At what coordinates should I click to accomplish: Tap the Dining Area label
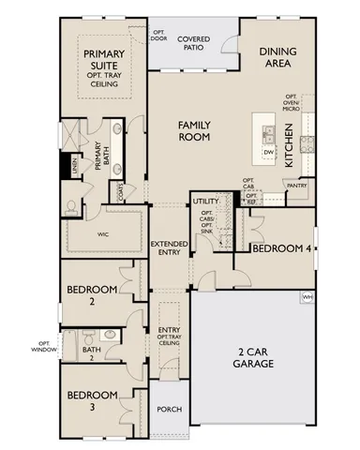coord(280,60)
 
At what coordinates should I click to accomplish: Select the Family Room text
coord(187,129)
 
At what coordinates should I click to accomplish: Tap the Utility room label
coord(205,202)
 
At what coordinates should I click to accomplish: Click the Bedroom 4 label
coord(281,248)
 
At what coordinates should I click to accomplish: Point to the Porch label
coord(170,409)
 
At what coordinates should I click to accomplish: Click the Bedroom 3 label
coord(91,400)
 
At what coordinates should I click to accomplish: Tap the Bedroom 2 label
coord(91,294)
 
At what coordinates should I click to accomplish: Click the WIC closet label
coord(103,236)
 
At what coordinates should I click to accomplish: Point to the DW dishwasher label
coord(267,151)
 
